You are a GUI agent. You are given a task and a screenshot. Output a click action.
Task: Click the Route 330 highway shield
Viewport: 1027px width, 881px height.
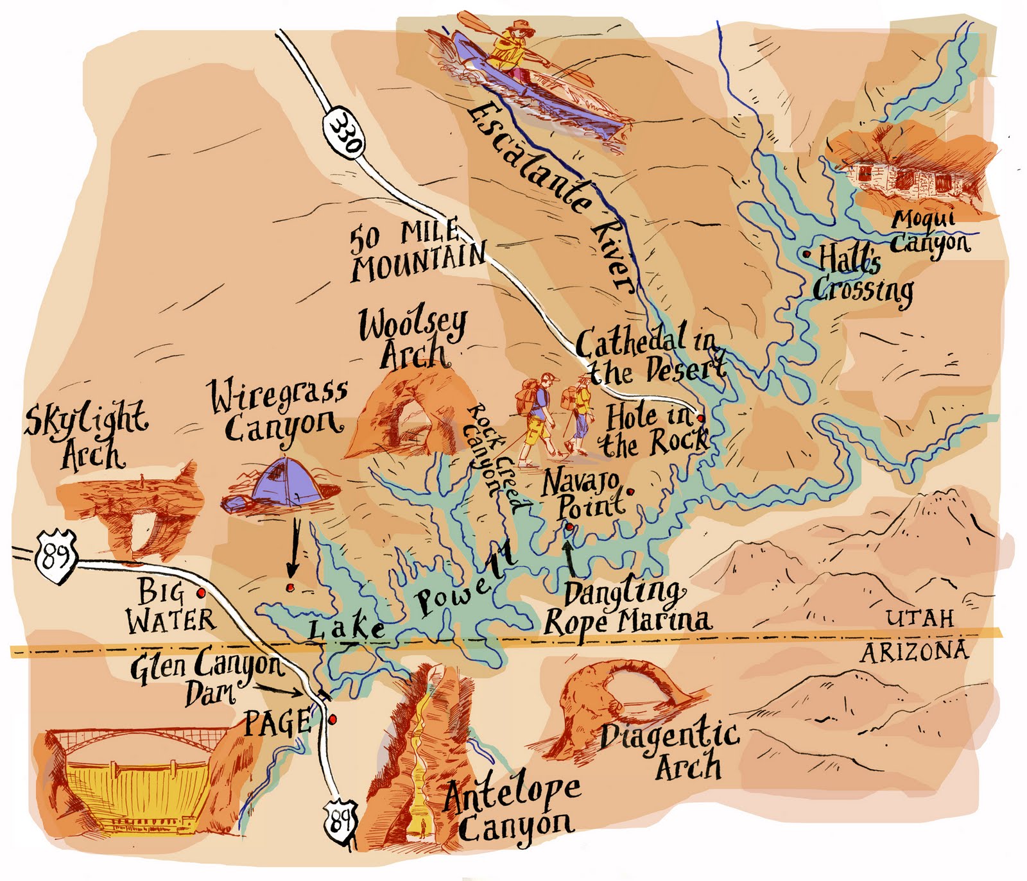coord(343,133)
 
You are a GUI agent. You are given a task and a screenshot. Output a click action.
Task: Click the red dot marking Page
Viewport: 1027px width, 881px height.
coord(332,720)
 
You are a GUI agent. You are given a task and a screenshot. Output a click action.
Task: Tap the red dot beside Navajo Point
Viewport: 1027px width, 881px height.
coord(630,492)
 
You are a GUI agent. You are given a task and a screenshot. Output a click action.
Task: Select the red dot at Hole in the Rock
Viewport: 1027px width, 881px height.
coord(700,418)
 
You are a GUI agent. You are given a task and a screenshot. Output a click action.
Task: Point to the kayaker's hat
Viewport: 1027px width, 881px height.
coord(514,30)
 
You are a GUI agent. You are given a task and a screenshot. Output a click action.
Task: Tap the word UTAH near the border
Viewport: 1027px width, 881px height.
coord(919,619)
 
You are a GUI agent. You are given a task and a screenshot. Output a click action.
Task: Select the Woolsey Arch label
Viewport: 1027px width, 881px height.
coord(413,339)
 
